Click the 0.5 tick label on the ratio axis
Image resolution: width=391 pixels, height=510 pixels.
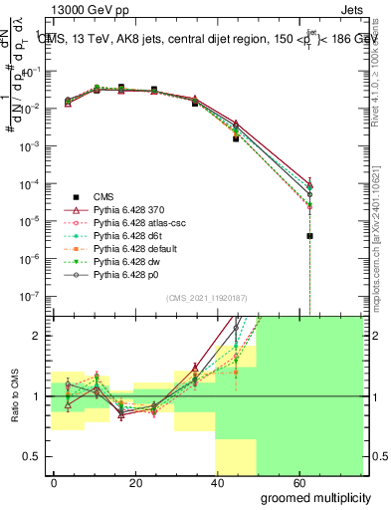[32, 456]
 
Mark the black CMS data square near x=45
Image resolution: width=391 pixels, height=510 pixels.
[236, 138]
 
